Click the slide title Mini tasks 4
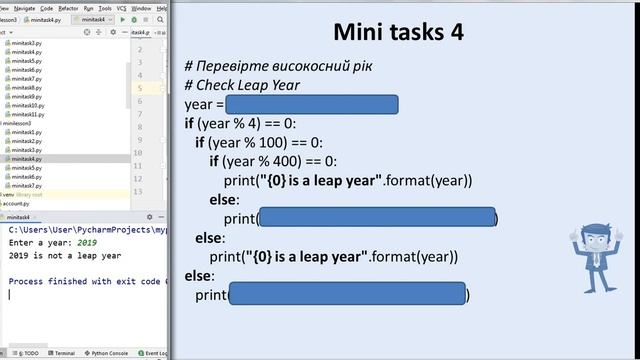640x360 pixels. click(x=397, y=32)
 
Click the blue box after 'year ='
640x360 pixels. click(x=312, y=105)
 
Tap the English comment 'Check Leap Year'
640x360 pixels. click(x=242, y=85)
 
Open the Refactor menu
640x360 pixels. click(x=68, y=6)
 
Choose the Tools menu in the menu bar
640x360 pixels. click(x=106, y=6)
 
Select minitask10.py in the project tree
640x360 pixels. click(x=27, y=105)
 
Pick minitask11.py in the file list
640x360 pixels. click(x=27, y=114)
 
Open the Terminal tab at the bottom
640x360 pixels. click(x=64, y=353)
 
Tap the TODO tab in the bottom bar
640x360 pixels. click(x=29, y=353)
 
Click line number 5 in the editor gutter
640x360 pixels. click(x=139, y=88)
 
